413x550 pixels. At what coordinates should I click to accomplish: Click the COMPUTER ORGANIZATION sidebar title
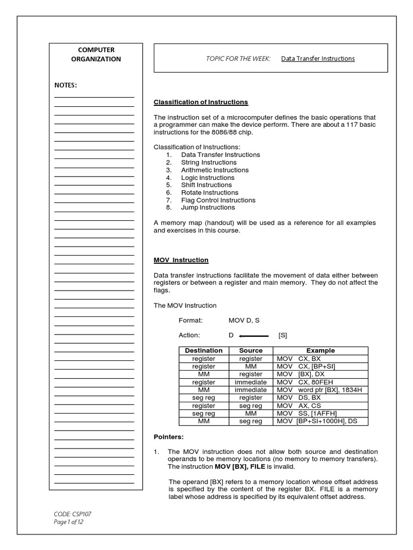coord(96,54)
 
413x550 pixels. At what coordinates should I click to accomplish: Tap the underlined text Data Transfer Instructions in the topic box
coord(318,59)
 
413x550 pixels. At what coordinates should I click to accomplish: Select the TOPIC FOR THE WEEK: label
coord(238,59)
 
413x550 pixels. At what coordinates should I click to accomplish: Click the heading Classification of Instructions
coord(201,102)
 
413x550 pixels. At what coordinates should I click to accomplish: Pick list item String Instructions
coord(209,162)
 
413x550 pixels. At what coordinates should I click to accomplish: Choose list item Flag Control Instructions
coord(218,200)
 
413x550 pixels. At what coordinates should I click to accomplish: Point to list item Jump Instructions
coord(208,207)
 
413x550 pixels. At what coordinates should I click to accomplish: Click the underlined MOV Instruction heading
coord(181,260)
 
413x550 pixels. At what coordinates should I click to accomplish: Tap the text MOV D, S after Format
coord(244,321)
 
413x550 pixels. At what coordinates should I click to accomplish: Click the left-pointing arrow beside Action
coord(253,336)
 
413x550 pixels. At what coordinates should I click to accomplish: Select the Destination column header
coord(203,351)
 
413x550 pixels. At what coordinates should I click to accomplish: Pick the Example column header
coord(321,351)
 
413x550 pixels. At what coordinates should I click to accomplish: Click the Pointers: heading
coord(168,437)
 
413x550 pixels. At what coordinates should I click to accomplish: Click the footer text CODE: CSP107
coord(69,514)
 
